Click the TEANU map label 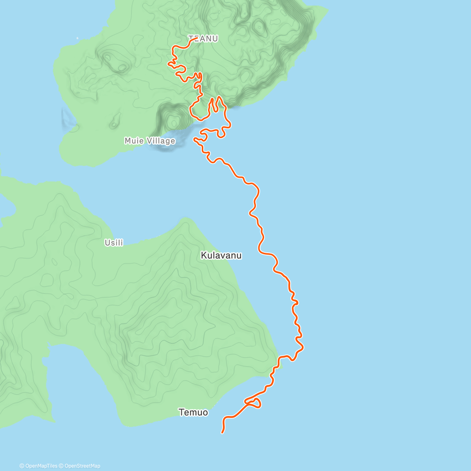pyautogui.click(x=203, y=38)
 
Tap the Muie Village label pyautogui.click(x=150, y=141)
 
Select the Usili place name pyautogui.click(x=114, y=243)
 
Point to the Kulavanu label pyautogui.click(x=221, y=256)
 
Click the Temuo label pyautogui.click(x=193, y=412)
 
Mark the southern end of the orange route pyautogui.click(x=223, y=433)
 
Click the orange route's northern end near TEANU pyautogui.click(x=196, y=38)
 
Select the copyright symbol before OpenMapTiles pyautogui.click(x=22, y=466)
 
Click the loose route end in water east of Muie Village pyautogui.click(x=194, y=139)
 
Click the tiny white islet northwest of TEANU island pyautogui.click(x=77, y=38)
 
